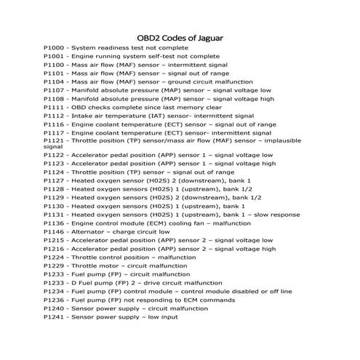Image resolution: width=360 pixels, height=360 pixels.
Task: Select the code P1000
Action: pyautogui.click(x=53, y=47)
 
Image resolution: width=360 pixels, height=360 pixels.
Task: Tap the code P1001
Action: pyautogui.click(x=53, y=56)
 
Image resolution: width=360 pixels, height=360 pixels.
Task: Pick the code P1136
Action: pyautogui.click(x=53, y=223)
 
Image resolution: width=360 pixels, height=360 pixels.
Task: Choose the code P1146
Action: pyautogui.click(x=53, y=232)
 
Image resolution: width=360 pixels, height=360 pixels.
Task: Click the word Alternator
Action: pyautogui.click(x=89, y=232)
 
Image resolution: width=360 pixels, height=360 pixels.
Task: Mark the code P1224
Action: pyautogui.click(x=53, y=257)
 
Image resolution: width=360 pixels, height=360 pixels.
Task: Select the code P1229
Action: pyautogui.click(x=53, y=266)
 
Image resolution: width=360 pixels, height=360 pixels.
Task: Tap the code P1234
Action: pyautogui.click(x=53, y=292)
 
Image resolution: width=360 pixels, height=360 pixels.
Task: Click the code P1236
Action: pyautogui.click(x=53, y=300)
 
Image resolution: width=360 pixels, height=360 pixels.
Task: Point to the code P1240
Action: pyautogui.click(x=53, y=309)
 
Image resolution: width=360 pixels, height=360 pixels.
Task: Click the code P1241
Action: pyautogui.click(x=53, y=318)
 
